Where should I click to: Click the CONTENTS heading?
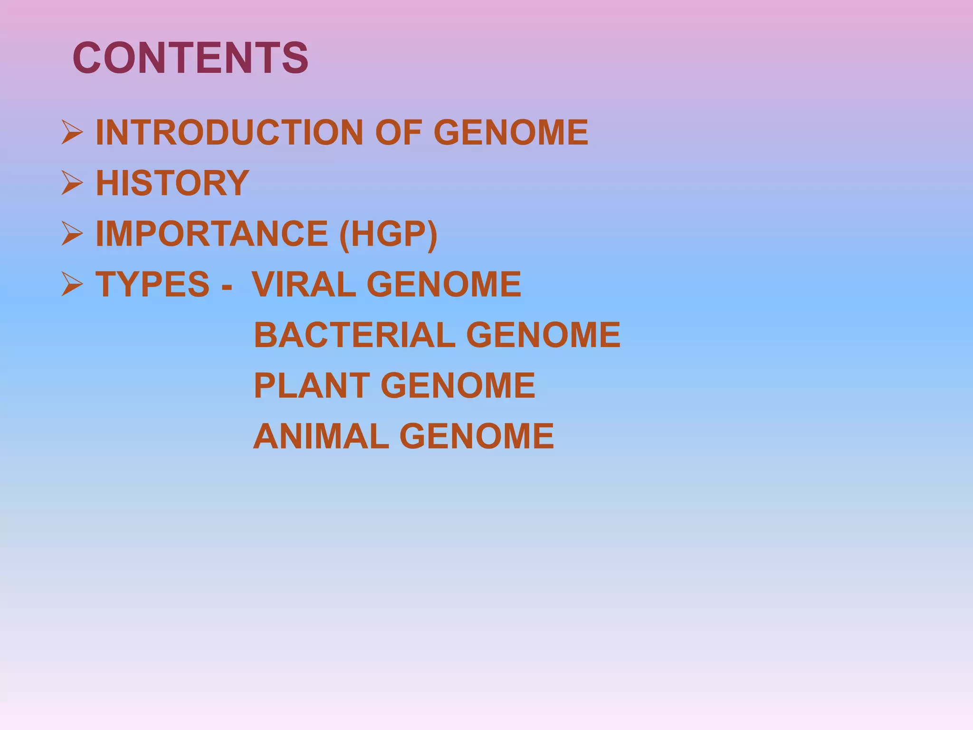click(x=191, y=58)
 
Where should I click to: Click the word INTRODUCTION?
click(x=229, y=132)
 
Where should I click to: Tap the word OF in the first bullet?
click(x=399, y=132)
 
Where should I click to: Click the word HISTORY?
click(x=172, y=183)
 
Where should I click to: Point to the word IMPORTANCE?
click(x=212, y=234)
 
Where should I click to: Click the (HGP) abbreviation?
click(x=388, y=234)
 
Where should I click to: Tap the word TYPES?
click(x=153, y=285)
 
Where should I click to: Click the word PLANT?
click(x=312, y=385)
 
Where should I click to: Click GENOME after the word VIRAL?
click(x=444, y=285)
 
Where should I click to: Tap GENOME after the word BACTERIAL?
click(x=544, y=335)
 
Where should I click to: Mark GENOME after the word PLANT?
click(x=458, y=385)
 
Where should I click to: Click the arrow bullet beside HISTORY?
click(x=72, y=183)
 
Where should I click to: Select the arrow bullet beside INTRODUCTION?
click(x=72, y=132)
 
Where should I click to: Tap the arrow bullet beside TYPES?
click(x=72, y=285)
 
